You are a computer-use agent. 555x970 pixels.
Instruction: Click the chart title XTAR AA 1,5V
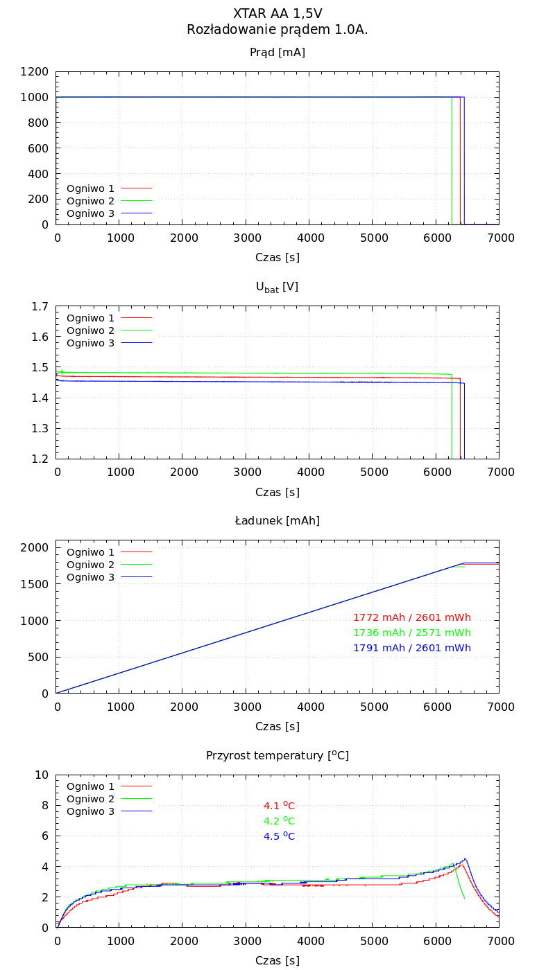click(277, 14)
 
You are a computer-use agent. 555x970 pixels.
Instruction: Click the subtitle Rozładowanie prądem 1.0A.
click(277, 30)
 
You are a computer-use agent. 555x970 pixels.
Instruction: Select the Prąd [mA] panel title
click(277, 53)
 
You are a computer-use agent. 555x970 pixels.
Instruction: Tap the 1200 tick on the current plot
click(34, 72)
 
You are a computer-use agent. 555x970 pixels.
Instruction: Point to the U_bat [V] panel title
click(277, 287)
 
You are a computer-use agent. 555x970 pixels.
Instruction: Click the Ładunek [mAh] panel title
click(277, 521)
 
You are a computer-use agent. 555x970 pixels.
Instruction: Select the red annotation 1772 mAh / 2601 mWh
click(412, 617)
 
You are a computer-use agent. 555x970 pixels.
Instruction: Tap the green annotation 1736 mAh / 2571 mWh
click(412, 633)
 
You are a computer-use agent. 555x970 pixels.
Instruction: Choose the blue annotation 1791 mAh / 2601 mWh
click(412, 648)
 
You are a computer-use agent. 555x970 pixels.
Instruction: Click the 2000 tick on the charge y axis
click(34, 547)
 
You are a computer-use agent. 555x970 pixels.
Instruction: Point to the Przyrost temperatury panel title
click(277, 755)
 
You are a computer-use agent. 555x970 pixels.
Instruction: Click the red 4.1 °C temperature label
click(279, 806)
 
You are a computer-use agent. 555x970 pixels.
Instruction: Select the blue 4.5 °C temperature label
click(279, 836)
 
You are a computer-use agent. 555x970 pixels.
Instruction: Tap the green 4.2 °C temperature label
click(279, 821)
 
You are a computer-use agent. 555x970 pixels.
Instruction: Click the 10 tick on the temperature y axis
click(42, 775)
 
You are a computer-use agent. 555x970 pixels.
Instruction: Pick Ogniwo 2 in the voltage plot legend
click(90, 330)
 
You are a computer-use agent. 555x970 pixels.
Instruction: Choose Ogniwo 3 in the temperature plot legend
click(90, 811)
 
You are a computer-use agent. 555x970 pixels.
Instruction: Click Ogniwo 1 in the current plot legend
click(90, 188)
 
